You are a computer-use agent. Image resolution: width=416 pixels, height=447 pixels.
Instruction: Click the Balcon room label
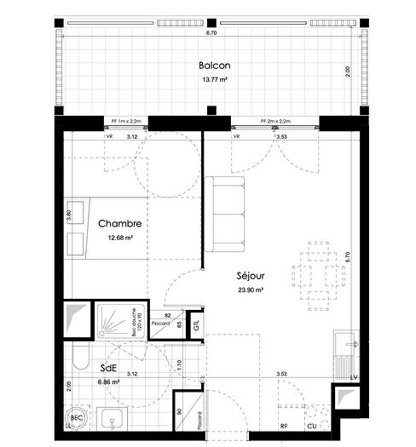coord(212,66)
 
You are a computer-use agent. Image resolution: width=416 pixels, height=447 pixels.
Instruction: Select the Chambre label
coord(119,224)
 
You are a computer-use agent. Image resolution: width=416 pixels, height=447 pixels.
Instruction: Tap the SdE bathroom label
coord(108,368)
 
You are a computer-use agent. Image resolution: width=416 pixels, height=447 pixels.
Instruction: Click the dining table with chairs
coord(315,273)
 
